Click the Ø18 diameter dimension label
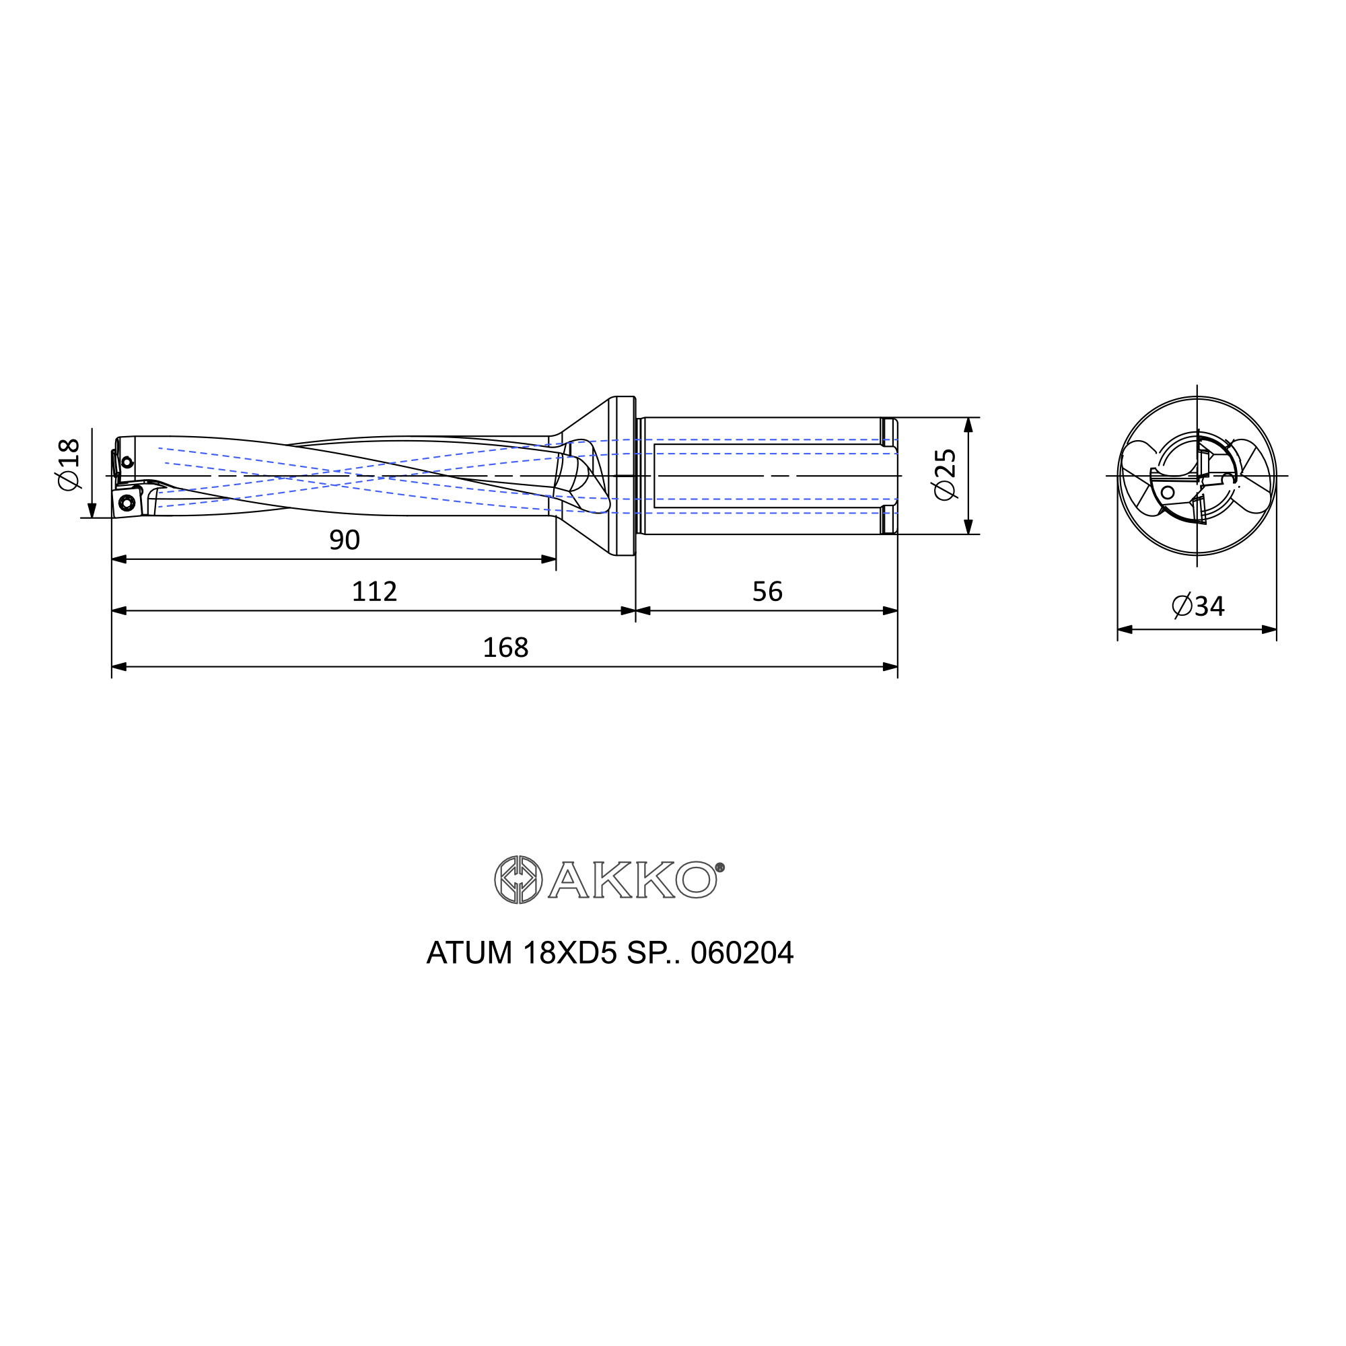click(x=69, y=464)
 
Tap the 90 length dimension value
click(x=344, y=540)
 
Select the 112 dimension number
click(x=374, y=592)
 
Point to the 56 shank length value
click(x=767, y=592)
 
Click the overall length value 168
click(x=505, y=648)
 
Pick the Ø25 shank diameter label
click(x=946, y=474)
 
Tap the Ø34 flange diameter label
click(x=1198, y=606)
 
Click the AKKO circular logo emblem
click(x=518, y=880)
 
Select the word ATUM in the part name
click(x=470, y=952)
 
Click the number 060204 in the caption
click(x=742, y=952)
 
